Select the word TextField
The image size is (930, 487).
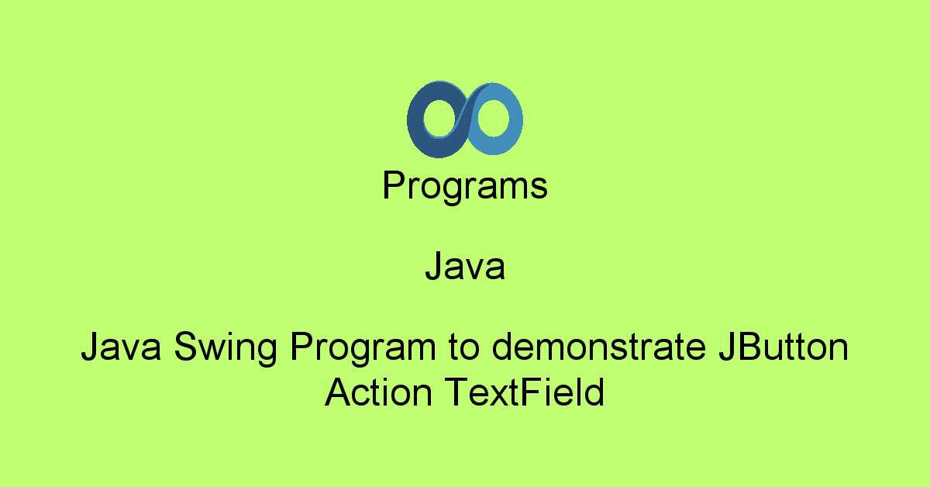(x=524, y=393)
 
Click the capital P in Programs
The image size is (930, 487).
(x=393, y=186)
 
